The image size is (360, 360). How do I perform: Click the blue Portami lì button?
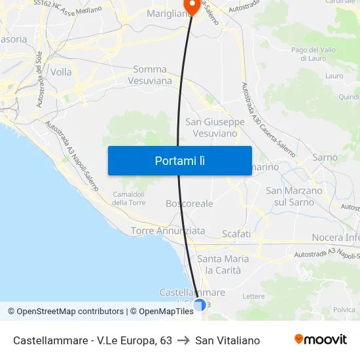point(179,160)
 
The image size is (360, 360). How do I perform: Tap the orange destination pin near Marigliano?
point(192,5)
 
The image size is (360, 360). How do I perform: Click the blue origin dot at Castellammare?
point(200,304)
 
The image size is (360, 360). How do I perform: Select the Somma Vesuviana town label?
point(153,75)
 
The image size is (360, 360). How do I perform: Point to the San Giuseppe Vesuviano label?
point(215,128)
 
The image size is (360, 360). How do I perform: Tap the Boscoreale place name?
point(189,204)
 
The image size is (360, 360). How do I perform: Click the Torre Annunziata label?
point(168,231)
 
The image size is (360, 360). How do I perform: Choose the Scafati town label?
point(236,234)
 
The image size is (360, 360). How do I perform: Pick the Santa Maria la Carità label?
point(223,264)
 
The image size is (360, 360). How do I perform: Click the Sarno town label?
point(325,158)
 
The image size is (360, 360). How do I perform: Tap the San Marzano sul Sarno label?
point(294,196)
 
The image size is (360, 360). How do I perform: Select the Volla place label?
point(61,72)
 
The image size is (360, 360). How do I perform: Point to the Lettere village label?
point(253,297)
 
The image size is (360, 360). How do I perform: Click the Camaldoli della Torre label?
point(129,198)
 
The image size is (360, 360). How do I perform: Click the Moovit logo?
point(321,340)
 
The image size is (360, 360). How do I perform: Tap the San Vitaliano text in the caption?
point(227,340)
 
